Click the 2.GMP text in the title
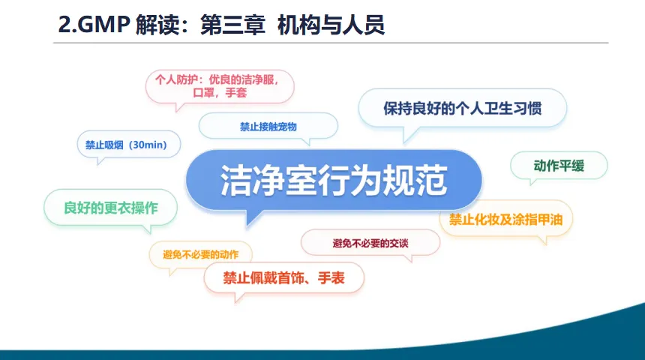pyautogui.click(x=94, y=24)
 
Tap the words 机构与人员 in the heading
pyautogui.click(x=331, y=25)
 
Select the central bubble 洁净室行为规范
pyautogui.click(x=334, y=181)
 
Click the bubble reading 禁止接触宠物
pyautogui.click(x=268, y=126)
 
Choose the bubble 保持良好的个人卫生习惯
pyautogui.click(x=462, y=108)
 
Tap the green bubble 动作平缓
pyautogui.click(x=559, y=166)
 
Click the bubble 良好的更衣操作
pyautogui.click(x=111, y=207)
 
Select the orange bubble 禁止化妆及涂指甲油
pyautogui.click(x=505, y=219)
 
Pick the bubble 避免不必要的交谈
pyautogui.click(x=370, y=243)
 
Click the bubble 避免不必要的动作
pyautogui.click(x=200, y=254)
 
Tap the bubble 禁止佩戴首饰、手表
pyautogui.click(x=283, y=277)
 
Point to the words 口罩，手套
pyautogui.click(x=220, y=92)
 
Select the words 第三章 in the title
pyautogui.click(x=232, y=25)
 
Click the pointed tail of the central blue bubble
pyautogui.click(x=247, y=225)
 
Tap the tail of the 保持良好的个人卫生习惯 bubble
pyautogui.click(x=405, y=142)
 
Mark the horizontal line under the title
pyautogui.click(x=331, y=43)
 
